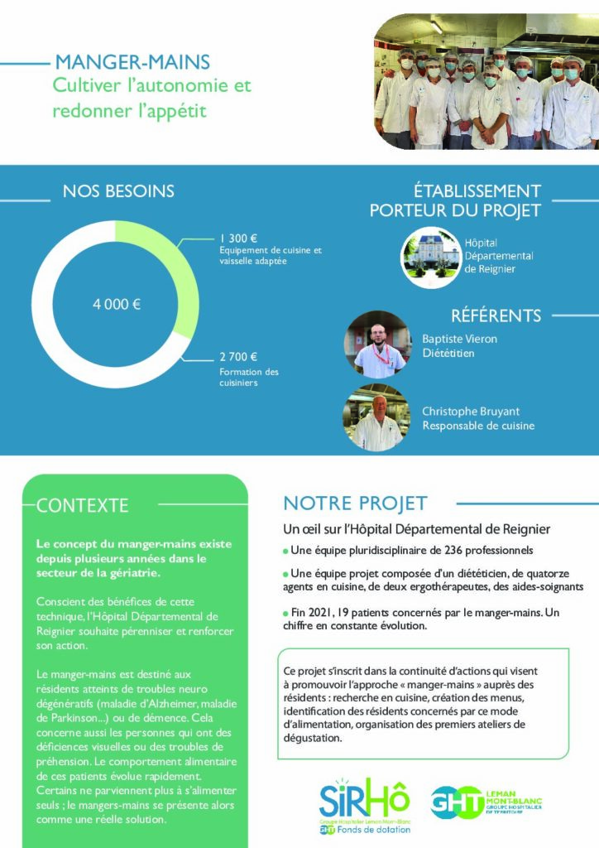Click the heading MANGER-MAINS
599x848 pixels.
click(132, 62)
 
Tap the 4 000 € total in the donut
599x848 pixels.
click(116, 304)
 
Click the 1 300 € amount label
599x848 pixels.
click(239, 238)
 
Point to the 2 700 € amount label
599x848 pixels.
click(239, 357)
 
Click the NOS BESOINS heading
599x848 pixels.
click(118, 191)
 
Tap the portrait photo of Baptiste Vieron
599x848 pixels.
click(377, 344)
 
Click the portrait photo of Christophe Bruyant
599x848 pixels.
click(377, 418)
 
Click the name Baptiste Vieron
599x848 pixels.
click(460, 339)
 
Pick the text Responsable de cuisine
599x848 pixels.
click(478, 426)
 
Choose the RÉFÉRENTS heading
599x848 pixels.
click(496, 316)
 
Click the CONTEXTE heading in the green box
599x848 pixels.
click(83, 505)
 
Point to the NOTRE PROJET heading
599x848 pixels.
click(356, 503)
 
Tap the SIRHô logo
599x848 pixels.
click(365, 804)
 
